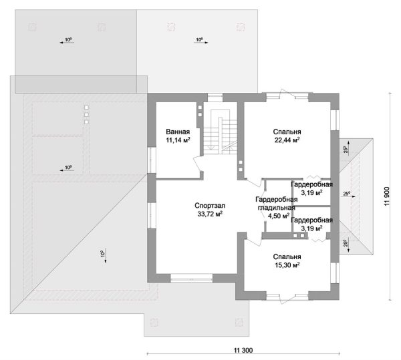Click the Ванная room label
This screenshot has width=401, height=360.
(178, 132)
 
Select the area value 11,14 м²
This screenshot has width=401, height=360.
(178, 140)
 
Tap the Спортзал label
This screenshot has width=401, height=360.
(210, 206)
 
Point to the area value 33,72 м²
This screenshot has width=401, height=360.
(210, 214)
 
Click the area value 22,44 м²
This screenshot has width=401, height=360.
(287, 140)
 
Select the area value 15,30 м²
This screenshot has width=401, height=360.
(287, 265)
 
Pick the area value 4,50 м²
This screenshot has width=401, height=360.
(279, 216)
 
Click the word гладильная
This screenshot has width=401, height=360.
(277, 208)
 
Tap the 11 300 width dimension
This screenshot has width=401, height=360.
(243, 350)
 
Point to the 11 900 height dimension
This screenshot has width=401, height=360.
(386, 196)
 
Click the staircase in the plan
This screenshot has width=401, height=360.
(221, 132)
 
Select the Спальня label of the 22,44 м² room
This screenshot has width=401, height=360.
(287, 132)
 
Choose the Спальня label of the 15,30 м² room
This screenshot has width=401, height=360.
(287, 256)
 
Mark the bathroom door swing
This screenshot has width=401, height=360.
(196, 163)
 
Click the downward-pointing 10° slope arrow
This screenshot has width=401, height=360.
(106, 256)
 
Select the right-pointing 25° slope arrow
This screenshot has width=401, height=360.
(348, 196)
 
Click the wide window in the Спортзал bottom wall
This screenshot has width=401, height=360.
(192, 278)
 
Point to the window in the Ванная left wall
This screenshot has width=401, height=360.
(152, 160)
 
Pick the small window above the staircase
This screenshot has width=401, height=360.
(215, 98)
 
